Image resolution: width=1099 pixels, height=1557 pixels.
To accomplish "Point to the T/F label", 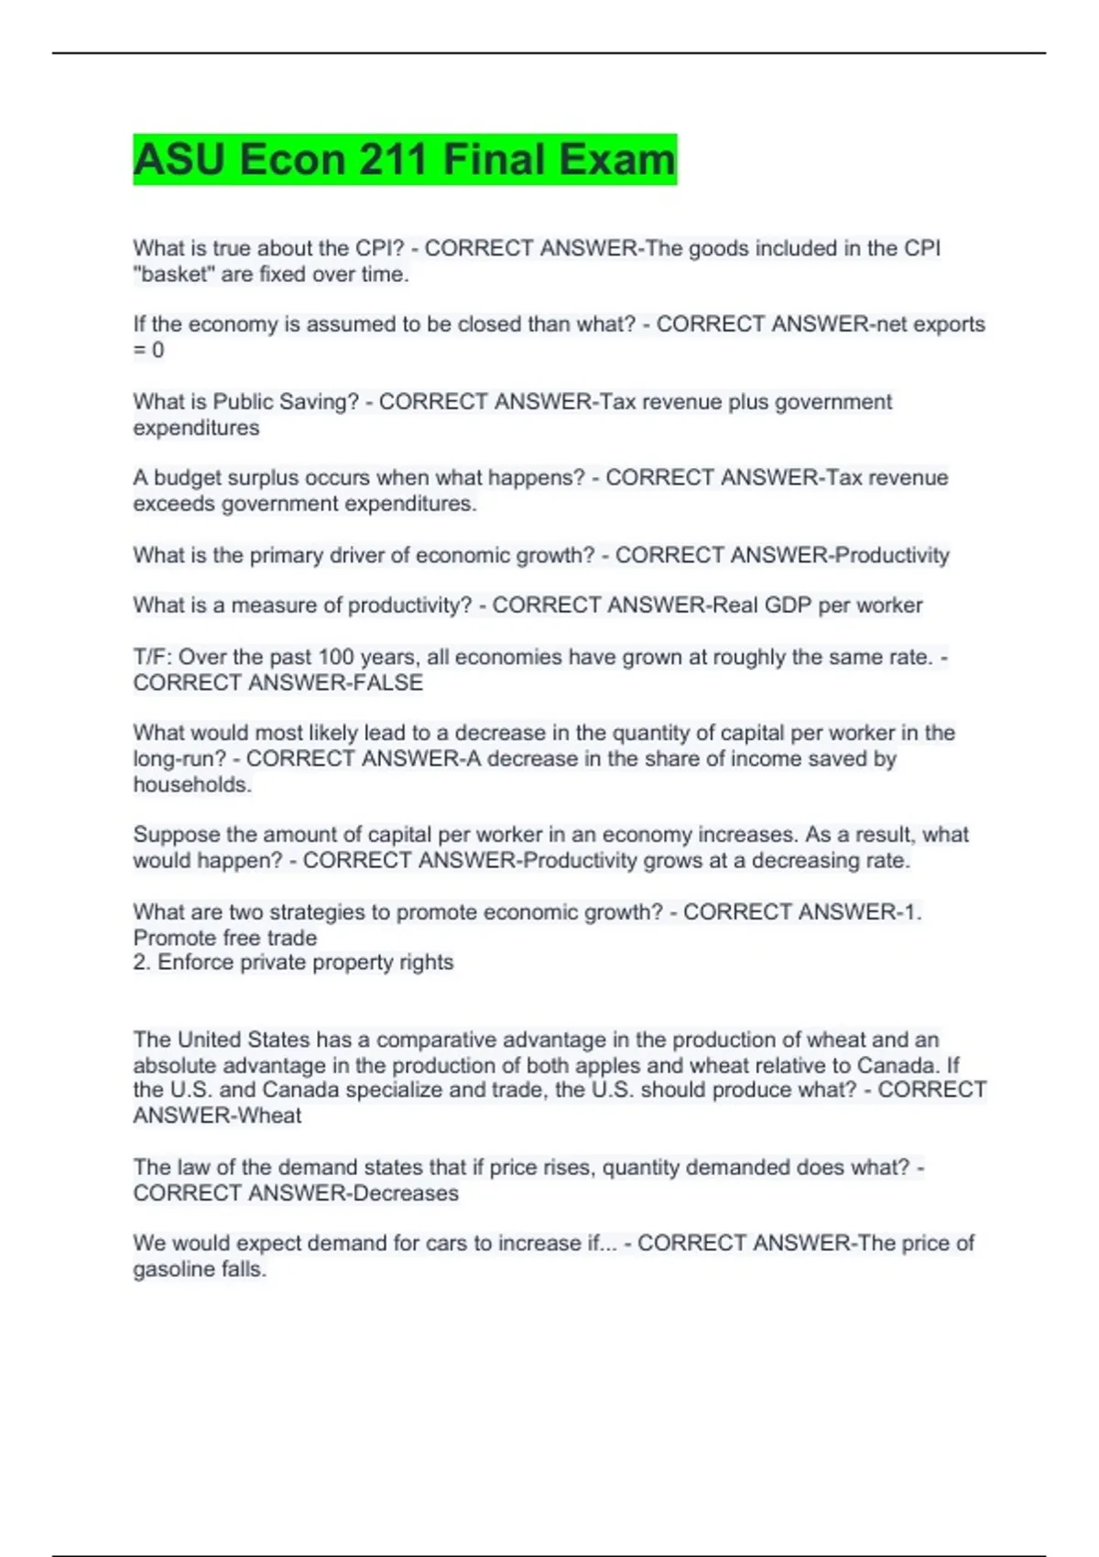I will pyautogui.click(x=151, y=657).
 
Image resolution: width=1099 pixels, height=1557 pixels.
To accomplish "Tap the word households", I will pyautogui.click(x=192, y=785).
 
